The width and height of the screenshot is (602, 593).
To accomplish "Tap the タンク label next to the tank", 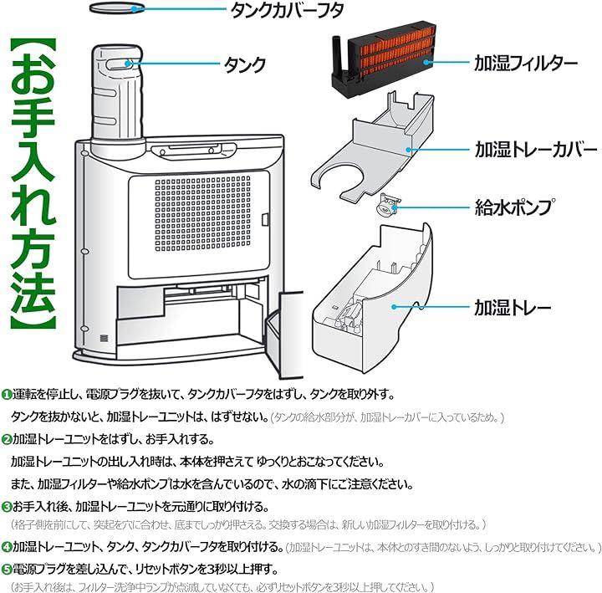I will pos(245,64).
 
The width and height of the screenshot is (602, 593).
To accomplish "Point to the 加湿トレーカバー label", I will pos(525,150).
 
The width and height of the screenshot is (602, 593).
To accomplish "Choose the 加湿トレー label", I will pos(512,307).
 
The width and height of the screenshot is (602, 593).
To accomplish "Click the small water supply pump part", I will pos(386,206).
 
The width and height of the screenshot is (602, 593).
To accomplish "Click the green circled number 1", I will pos(7,394).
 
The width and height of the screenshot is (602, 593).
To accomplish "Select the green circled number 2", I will pos(7,439).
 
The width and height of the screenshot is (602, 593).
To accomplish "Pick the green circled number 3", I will pos(7,507).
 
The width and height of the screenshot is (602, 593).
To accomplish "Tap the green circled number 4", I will pos(7,548).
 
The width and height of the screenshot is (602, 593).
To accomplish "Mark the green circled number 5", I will pos(7,570).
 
